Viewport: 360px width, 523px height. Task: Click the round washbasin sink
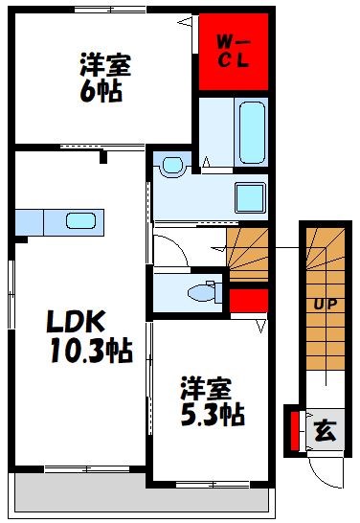(x=172, y=166)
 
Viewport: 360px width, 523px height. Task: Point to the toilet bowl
(x=204, y=291)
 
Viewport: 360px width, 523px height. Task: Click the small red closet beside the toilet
(x=247, y=300)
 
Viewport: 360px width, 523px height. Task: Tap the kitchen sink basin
(x=79, y=221)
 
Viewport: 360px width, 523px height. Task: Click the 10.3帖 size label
(x=92, y=351)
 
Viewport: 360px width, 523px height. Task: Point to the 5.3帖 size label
(x=211, y=415)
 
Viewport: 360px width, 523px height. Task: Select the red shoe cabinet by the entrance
(x=294, y=430)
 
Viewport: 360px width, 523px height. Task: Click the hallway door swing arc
(x=170, y=251)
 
